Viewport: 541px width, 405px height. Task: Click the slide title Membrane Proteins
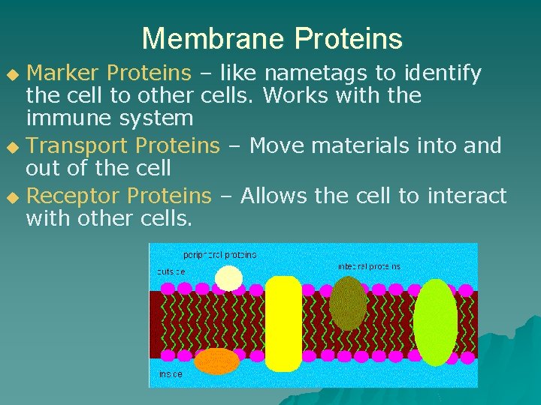[x=271, y=38]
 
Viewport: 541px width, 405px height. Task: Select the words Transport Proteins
[x=123, y=145]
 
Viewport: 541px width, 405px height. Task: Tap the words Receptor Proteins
[x=119, y=196]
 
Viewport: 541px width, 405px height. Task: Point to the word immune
[x=64, y=118]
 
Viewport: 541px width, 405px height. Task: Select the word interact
[x=467, y=196]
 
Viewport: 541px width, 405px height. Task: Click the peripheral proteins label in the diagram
[x=219, y=255]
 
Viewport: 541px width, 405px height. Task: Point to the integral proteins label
[x=369, y=266]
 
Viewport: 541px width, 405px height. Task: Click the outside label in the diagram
[x=172, y=271]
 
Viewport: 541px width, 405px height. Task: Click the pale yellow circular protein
[x=228, y=278]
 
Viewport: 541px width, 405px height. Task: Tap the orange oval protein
[x=217, y=361]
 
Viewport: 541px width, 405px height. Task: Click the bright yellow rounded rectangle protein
[x=283, y=323]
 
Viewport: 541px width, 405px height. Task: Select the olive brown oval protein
[x=348, y=303]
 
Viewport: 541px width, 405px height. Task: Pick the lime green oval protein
[x=435, y=322]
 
